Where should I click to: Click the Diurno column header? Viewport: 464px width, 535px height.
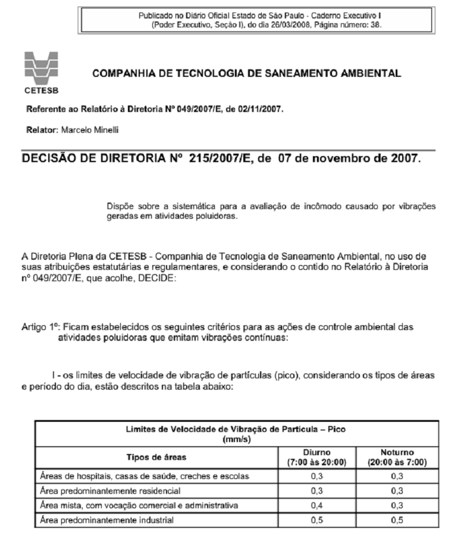point(316,452)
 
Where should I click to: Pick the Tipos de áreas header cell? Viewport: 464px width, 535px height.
point(156,458)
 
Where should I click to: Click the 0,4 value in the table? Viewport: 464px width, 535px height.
point(316,506)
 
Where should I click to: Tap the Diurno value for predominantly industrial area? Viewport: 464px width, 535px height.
point(316,520)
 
